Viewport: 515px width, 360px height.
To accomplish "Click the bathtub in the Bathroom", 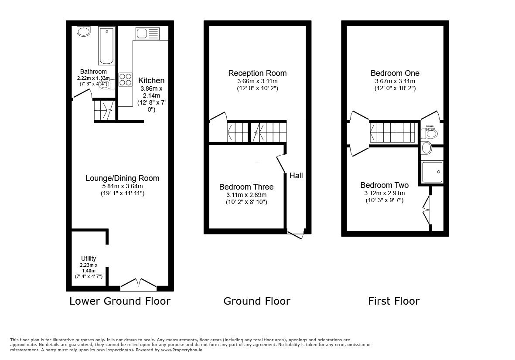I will click(106, 45).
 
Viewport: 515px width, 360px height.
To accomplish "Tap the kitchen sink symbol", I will click(146, 34).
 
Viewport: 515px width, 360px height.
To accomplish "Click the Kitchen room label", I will click(151, 81).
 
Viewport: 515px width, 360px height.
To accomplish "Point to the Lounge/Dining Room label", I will click(122, 178).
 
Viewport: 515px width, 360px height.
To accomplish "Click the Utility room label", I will click(89, 258).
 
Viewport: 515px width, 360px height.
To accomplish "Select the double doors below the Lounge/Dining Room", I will click(138, 285).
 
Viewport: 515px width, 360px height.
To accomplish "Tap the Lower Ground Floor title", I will click(120, 301).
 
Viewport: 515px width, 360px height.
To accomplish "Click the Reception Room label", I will click(257, 73).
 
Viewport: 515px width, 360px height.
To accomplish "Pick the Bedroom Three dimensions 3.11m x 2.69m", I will click(246, 195).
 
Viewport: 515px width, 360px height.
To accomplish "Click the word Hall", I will click(296, 176).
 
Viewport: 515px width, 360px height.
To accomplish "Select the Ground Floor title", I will click(257, 301).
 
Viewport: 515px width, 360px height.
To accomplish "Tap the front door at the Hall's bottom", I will click(295, 234).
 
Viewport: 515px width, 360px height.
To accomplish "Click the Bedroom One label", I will click(395, 73).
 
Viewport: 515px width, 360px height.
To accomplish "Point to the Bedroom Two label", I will click(384, 185).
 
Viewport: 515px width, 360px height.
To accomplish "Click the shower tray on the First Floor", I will click(432, 172).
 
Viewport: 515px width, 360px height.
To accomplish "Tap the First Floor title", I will click(394, 301).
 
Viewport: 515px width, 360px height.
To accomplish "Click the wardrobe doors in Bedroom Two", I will click(427, 210).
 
